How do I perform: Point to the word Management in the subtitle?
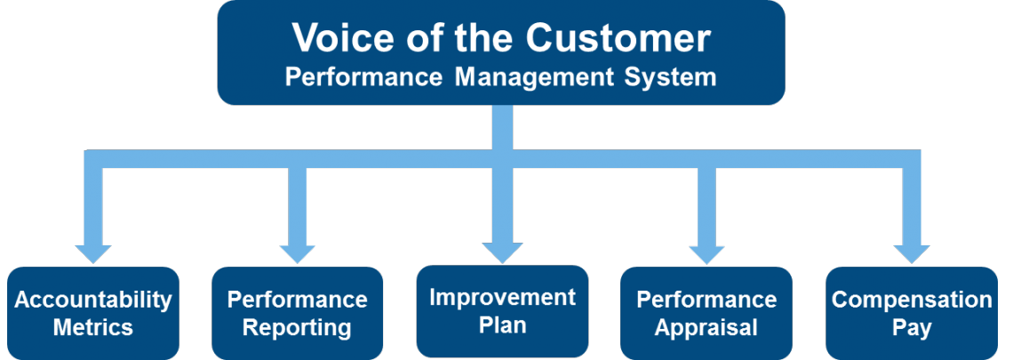(x=534, y=77)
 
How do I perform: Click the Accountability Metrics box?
(x=93, y=314)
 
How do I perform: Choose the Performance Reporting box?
(x=297, y=314)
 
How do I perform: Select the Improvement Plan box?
(x=502, y=311)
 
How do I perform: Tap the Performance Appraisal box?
(x=706, y=314)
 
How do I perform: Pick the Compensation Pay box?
(x=912, y=314)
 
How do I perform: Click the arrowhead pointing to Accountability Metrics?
(x=93, y=254)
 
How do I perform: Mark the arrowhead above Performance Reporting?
(x=297, y=254)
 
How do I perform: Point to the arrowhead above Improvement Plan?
(x=502, y=252)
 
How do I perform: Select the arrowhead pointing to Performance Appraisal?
(x=706, y=254)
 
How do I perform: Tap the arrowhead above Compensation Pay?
(x=912, y=254)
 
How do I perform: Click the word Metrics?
(x=93, y=327)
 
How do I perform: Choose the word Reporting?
(x=297, y=328)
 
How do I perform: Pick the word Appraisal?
(x=706, y=328)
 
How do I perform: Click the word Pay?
(x=912, y=328)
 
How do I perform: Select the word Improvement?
(x=502, y=297)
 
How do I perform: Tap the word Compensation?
(x=912, y=300)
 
